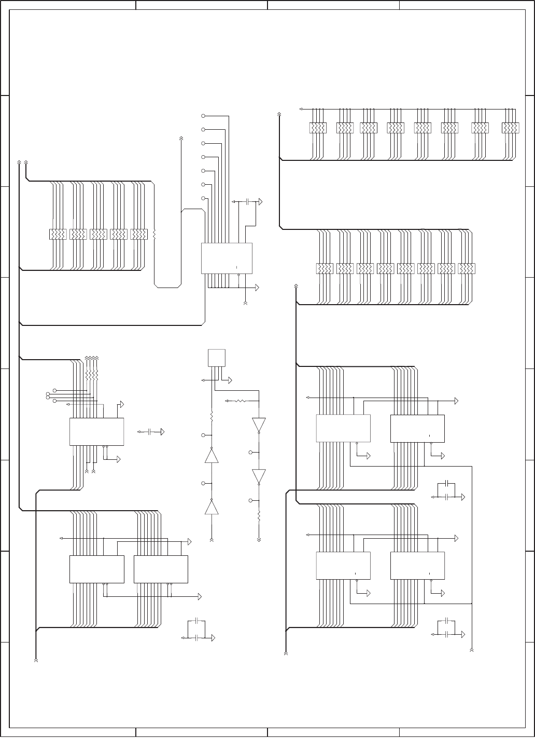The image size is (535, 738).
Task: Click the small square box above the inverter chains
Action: click(x=217, y=358)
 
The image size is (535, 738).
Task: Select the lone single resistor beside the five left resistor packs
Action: click(x=154, y=235)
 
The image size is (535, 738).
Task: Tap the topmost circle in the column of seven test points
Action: click(x=203, y=115)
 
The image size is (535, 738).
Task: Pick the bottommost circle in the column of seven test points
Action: click(x=203, y=198)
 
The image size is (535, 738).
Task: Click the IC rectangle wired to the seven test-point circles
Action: click(x=227, y=258)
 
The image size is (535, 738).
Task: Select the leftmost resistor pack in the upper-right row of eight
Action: click(x=318, y=128)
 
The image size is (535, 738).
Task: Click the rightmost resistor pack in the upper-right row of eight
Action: click(x=511, y=128)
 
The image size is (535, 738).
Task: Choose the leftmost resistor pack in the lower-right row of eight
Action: click(x=325, y=268)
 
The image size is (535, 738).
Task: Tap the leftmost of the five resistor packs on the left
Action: click(x=58, y=235)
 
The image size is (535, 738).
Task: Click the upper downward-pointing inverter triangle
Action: click(x=259, y=425)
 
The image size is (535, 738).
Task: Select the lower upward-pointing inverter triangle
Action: click(x=212, y=507)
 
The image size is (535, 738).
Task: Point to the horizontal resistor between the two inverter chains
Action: click(x=241, y=401)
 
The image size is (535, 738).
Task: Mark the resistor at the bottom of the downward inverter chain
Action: click(x=259, y=516)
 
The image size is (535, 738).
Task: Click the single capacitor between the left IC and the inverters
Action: click(x=149, y=432)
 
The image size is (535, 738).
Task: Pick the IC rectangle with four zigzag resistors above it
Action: click(x=96, y=432)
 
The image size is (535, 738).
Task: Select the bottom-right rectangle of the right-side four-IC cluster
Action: click(x=417, y=565)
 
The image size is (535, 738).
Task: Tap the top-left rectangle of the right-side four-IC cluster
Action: click(x=343, y=428)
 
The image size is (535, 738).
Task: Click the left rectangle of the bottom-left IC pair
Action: click(x=96, y=569)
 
